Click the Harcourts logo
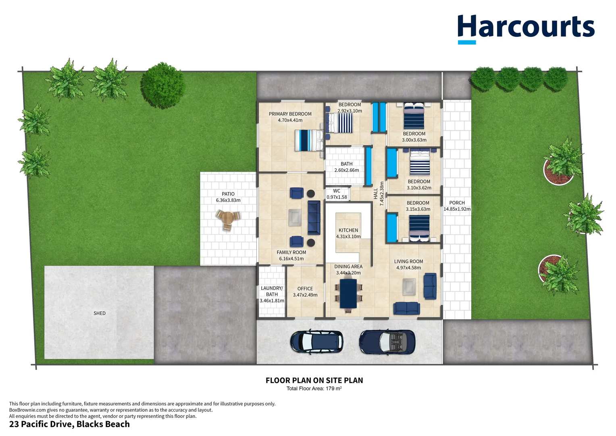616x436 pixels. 526,29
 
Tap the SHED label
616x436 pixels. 99,313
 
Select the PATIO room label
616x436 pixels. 228,194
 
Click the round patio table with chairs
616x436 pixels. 228,220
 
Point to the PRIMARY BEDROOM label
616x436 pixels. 290,114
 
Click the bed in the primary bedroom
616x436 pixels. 308,140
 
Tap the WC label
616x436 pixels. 337,191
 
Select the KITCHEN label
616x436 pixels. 348,230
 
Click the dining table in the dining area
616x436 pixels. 348,293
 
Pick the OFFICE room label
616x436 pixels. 305,289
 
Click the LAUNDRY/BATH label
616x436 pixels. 272,291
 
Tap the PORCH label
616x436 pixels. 457,203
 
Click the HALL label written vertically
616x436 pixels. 376,194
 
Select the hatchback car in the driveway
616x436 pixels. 316,341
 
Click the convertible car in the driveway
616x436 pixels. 387,342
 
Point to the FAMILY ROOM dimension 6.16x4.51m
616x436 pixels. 291,259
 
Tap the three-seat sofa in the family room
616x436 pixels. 314,218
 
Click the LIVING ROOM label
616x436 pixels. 408,261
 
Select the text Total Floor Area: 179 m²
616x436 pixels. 314,389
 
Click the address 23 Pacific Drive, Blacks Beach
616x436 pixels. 69,424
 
